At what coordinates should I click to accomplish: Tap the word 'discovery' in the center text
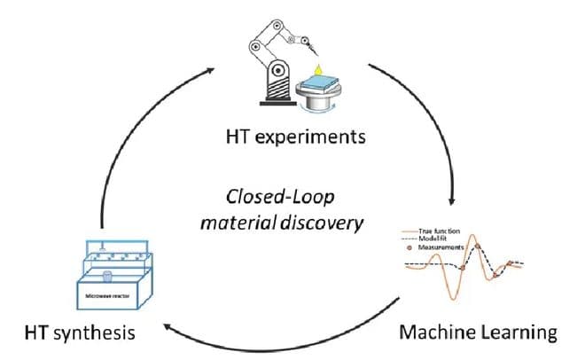325,221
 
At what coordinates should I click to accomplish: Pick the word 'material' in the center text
253,221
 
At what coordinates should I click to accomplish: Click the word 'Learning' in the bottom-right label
519,333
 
